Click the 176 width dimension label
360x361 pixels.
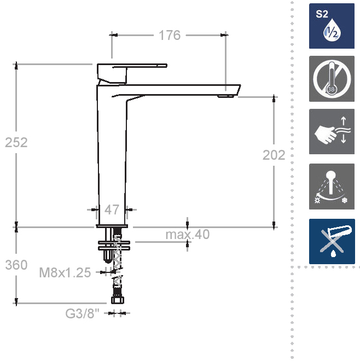[170, 35]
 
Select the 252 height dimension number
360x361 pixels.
[16, 142]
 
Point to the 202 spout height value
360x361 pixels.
[274, 155]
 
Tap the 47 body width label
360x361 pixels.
[112, 209]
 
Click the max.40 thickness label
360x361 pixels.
[188, 234]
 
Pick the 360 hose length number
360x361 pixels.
[16, 265]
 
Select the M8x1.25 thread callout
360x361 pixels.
[65, 272]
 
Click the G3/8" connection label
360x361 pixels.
[82, 313]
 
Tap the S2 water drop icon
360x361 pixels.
[332, 26]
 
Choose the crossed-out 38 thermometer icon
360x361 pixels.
[332, 79]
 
